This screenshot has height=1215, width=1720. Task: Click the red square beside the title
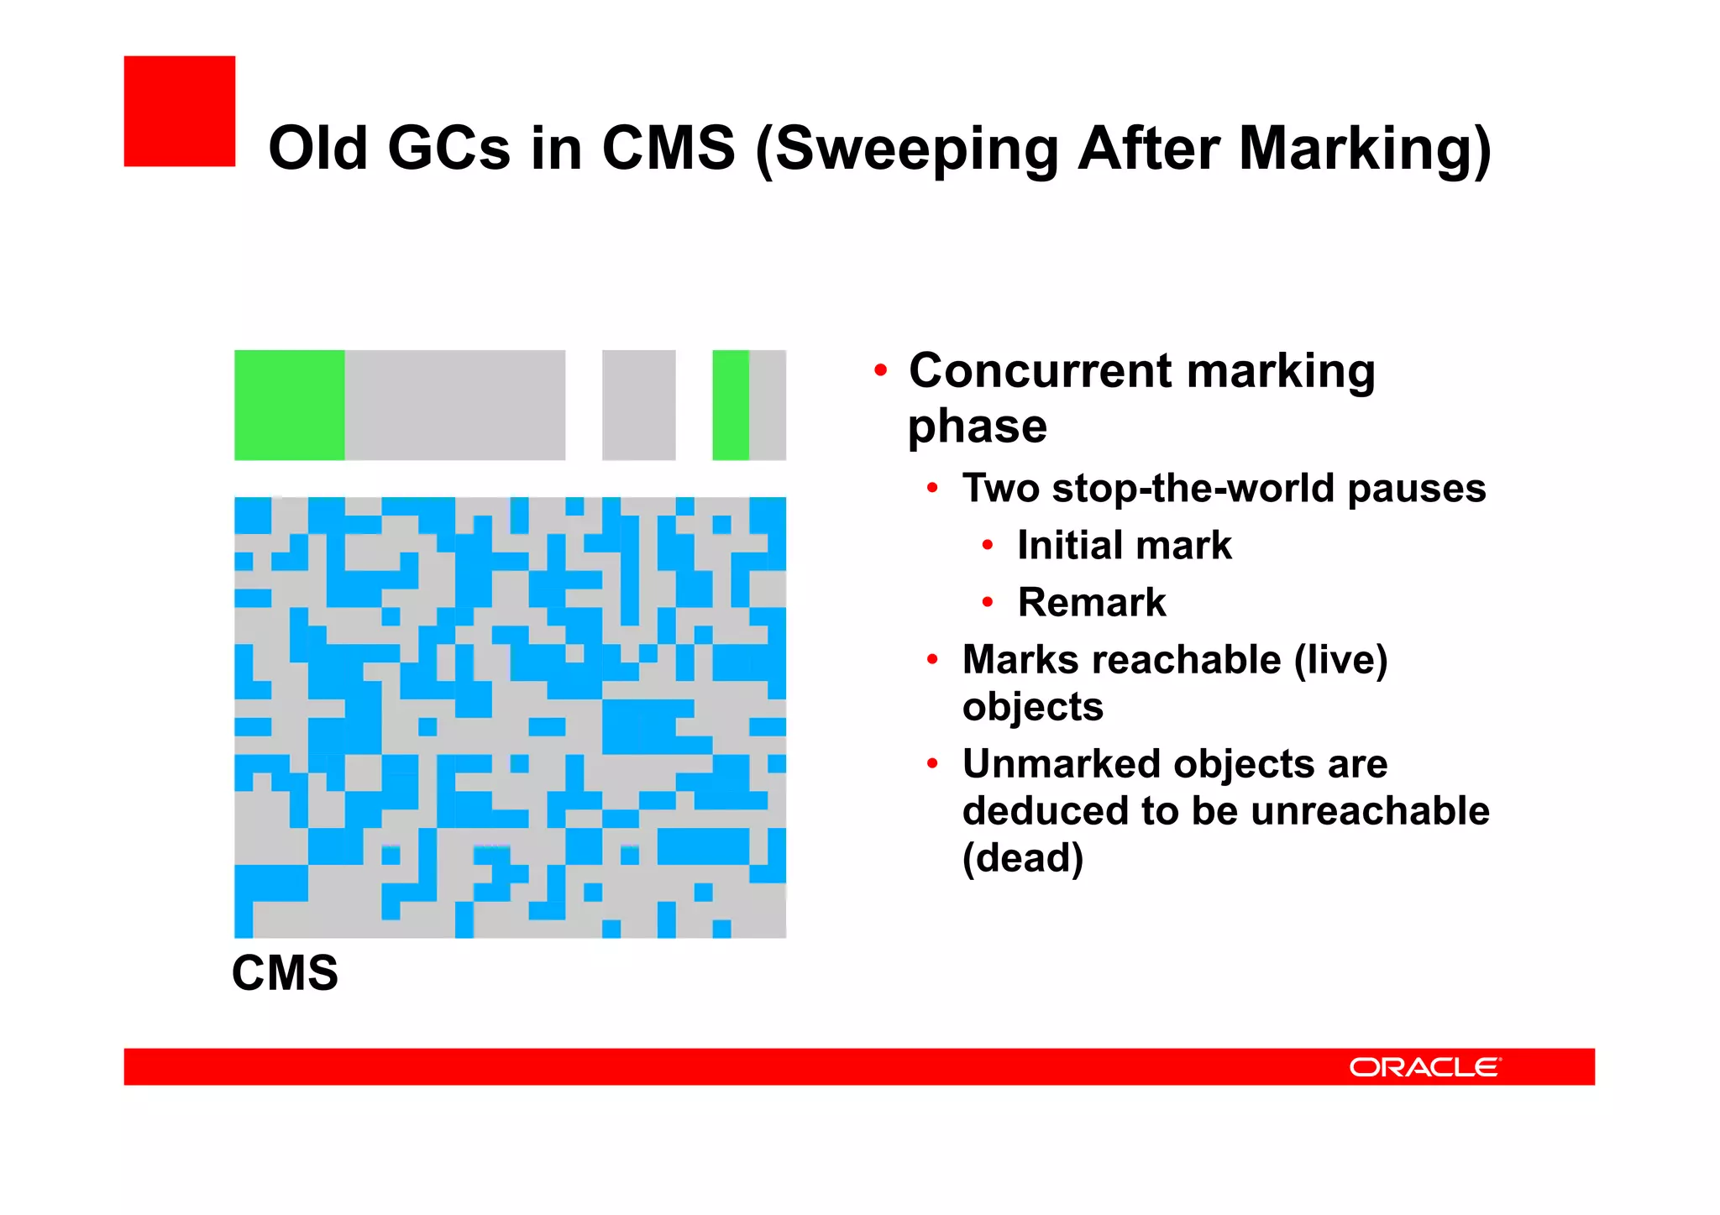click(x=179, y=111)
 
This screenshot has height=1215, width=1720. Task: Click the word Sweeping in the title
click(x=915, y=149)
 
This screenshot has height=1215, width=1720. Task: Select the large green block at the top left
click(x=289, y=405)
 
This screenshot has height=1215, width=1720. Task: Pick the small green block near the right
click(x=730, y=405)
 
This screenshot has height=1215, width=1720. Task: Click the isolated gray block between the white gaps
click(x=638, y=405)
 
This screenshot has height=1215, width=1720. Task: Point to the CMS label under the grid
click(x=285, y=972)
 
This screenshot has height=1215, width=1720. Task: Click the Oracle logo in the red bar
click(x=1424, y=1066)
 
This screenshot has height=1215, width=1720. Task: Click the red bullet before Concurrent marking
click(x=879, y=370)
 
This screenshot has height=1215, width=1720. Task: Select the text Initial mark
click(x=1124, y=545)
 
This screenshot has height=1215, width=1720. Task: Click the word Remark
click(x=1091, y=602)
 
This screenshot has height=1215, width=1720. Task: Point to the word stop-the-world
click(x=1193, y=488)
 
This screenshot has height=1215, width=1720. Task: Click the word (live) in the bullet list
click(x=1340, y=659)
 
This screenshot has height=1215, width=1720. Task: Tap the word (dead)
click(x=1022, y=857)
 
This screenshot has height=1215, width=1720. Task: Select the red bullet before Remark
click(x=988, y=602)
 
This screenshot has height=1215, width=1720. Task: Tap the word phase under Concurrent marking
click(x=977, y=426)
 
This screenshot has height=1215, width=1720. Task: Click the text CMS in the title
click(x=668, y=149)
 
